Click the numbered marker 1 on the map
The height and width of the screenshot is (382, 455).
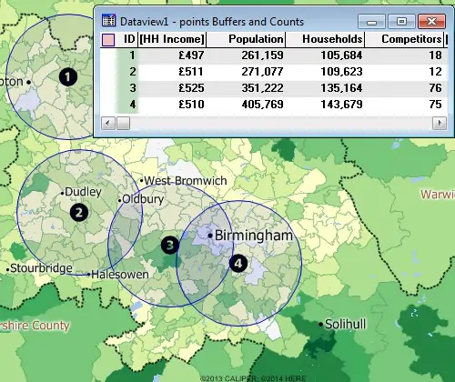pyautogui.click(x=66, y=77)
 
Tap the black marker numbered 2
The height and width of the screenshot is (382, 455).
pyautogui.click(x=80, y=213)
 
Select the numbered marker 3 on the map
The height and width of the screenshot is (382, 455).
pyautogui.click(x=169, y=244)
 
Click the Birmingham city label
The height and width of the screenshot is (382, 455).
pyautogui.click(x=258, y=236)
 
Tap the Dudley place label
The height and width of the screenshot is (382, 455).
pyautogui.click(x=85, y=193)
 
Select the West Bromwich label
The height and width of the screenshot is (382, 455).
pyautogui.click(x=186, y=181)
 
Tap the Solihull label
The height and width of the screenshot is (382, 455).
pyautogui.click(x=349, y=324)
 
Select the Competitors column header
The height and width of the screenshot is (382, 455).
pyautogui.click(x=411, y=40)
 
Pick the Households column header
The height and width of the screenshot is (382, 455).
pyautogui.click(x=333, y=40)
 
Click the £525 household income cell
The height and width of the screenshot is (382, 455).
pyautogui.click(x=191, y=88)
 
